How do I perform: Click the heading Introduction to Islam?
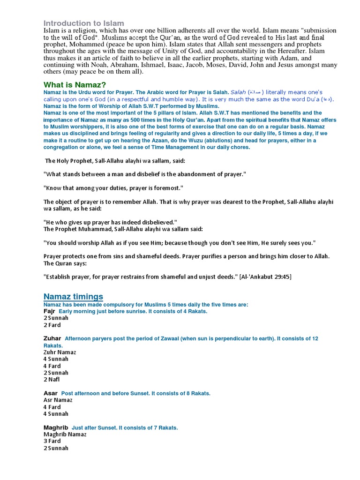coord(84,23)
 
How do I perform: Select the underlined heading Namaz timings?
coord(73,296)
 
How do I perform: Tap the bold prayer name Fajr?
coord(49,311)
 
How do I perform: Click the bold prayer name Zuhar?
coord(52,338)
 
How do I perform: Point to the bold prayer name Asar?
coord(51,393)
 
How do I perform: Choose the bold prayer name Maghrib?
coord(56,427)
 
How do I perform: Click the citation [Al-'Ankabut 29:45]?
coord(265,277)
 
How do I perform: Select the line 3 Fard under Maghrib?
coord(52,441)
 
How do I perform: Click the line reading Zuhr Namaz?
coord(60,352)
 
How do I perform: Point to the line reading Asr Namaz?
coord(58,400)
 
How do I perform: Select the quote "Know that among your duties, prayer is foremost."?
coord(113,188)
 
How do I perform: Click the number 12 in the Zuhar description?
coord(315,338)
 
